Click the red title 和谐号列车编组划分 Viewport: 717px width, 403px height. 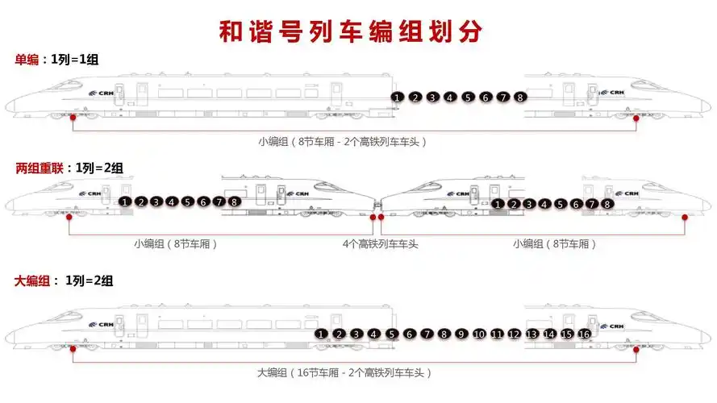coord(352,30)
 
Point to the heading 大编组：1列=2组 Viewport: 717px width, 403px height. coord(64,280)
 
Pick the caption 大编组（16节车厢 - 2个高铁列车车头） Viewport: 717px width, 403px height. coord(344,372)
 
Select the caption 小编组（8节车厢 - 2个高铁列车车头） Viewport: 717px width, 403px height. coord(342,141)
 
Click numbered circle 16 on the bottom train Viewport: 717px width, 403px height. coord(585,334)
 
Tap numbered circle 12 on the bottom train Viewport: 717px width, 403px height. coord(514,334)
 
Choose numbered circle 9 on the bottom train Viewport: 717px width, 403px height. coord(461,334)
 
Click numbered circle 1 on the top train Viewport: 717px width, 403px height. coord(397,98)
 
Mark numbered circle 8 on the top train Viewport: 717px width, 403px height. coord(521,98)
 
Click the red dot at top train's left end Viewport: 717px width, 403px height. coord(73,118)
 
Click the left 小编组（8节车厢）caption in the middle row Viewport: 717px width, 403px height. coord(176,243)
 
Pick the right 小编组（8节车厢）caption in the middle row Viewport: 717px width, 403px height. coord(554,243)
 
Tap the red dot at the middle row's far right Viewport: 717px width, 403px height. coord(685,217)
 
